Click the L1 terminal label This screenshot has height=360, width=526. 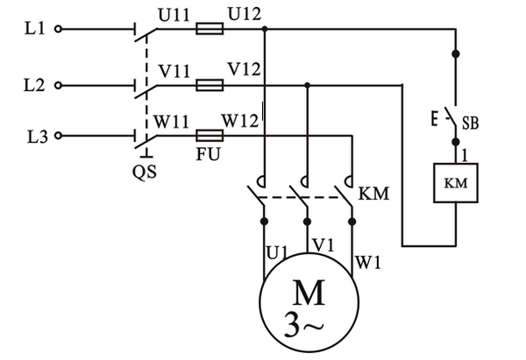pos(33,29)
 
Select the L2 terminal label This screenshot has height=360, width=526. pos(33,85)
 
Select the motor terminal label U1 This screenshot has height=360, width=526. pos(276,253)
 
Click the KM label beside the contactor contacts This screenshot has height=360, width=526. pos(373,190)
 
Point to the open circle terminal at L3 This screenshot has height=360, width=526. pos(59,137)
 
